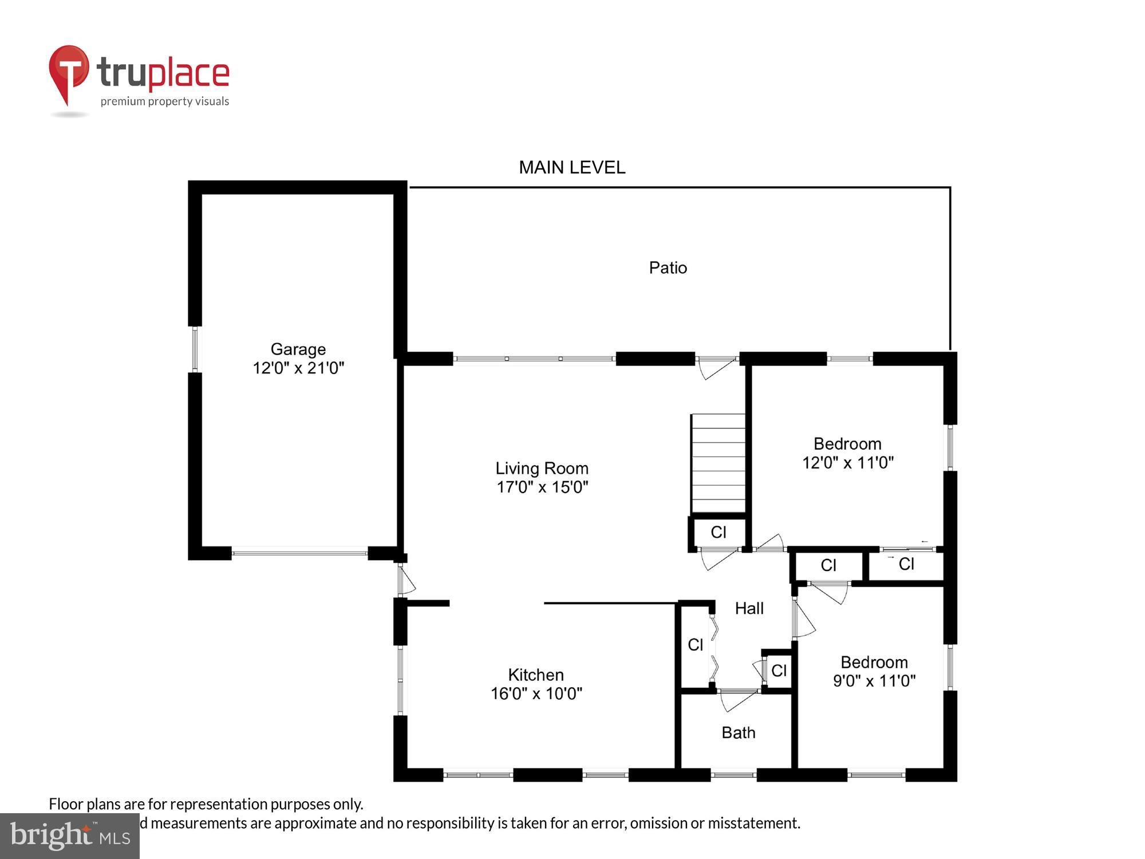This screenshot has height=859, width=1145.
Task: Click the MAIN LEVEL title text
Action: (571, 167)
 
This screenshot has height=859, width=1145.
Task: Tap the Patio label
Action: (668, 267)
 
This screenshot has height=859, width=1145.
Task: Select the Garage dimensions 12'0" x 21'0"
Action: (298, 368)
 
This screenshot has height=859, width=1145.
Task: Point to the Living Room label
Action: (542, 468)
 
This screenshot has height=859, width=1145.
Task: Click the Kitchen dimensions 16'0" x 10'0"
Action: (536, 693)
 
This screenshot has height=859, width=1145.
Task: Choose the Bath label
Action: (738, 732)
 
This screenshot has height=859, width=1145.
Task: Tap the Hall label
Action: (749, 608)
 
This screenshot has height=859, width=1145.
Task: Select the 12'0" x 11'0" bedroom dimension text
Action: (847, 462)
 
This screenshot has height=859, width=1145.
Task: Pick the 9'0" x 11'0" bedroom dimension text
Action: (874, 680)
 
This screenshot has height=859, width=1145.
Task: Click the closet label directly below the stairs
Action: (718, 532)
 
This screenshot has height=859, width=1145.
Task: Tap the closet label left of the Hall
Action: (695, 645)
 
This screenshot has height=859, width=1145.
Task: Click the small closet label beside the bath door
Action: (779, 671)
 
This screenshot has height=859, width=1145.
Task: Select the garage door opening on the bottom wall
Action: (299, 553)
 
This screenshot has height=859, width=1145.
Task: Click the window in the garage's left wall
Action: (195, 349)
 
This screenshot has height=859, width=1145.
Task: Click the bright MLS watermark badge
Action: (69, 836)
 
